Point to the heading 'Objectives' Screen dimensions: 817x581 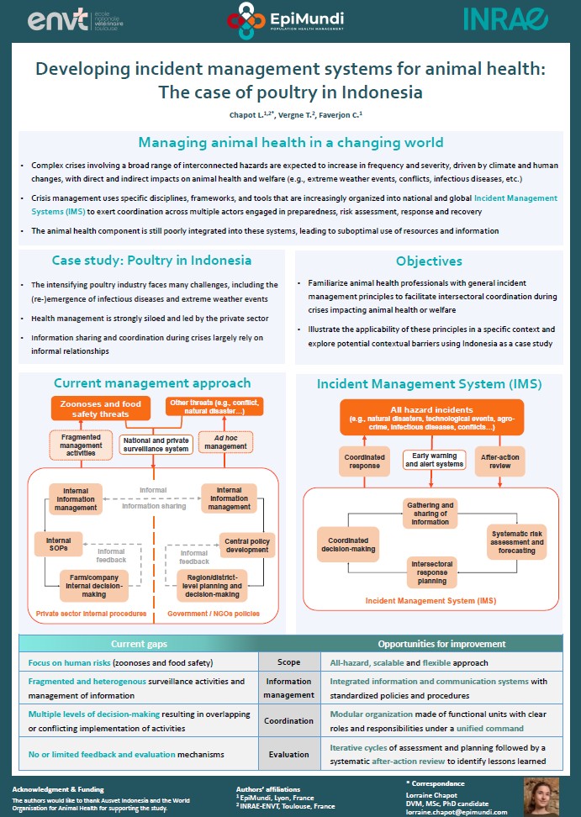pyautogui.click(x=429, y=261)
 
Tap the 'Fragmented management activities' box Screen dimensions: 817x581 pyautogui.click(x=82, y=445)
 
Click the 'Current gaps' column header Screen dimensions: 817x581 pyautogui.click(x=139, y=643)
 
